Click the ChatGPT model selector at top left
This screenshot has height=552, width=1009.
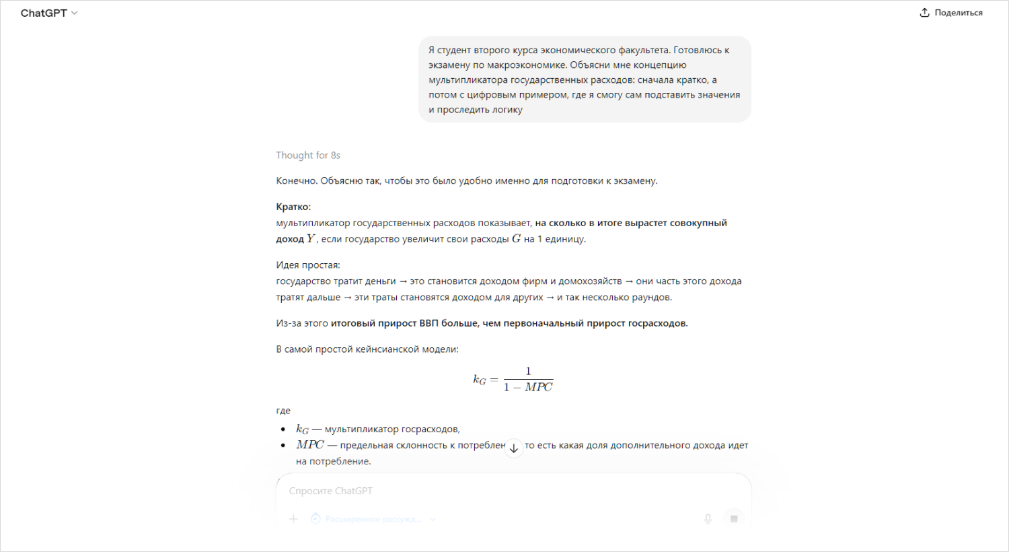tap(48, 13)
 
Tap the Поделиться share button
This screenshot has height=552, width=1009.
tap(951, 13)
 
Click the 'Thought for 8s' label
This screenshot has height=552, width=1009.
tap(308, 156)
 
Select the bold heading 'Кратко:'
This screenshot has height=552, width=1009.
tap(293, 207)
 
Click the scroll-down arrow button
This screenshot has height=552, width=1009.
tap(513, 448)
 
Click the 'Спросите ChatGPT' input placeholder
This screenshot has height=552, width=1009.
tap(331, 491)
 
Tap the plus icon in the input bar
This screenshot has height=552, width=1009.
tap(293, 519)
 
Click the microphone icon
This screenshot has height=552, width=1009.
tap(708, 519)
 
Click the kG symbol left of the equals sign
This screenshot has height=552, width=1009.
tap(479, 380)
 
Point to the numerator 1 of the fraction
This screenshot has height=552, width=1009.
tap(528, 371)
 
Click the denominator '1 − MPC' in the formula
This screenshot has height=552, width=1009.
tap(528, 387)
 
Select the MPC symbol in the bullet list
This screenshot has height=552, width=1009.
tap(309, 445)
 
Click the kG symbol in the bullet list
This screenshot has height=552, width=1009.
tap(302, 429)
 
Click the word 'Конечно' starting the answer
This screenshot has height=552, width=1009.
tap(296, 181)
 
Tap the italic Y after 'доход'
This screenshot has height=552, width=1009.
tap(311, 239)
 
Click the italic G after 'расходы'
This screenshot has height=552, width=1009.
tap(516, 239)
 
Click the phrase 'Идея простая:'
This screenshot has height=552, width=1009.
tap(308, 265)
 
